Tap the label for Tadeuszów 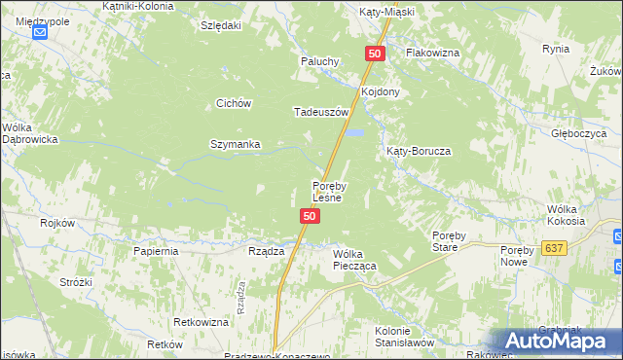(321, 112)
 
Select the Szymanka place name (236, 145)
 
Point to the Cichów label (235, 103)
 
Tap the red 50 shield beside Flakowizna (377, 54)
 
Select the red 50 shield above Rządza (309, 216)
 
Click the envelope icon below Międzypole (39, 33)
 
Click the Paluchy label (318, 61)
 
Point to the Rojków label (57, 224)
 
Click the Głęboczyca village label (579, 133)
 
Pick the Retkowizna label (201, 322)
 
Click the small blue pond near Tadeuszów (356, 132)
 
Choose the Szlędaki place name (220, 25)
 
